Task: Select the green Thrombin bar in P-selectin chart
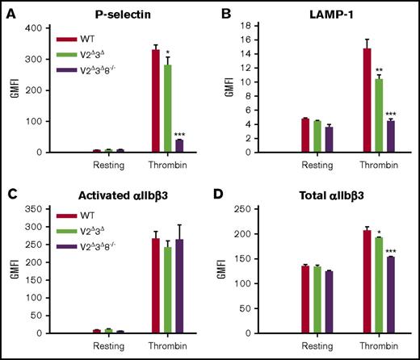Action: tap(167, 108)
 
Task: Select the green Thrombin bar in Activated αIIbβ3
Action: tap(167, 290)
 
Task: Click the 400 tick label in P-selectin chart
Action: tap(36, 28)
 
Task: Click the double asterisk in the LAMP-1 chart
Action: tap(380, 71)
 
